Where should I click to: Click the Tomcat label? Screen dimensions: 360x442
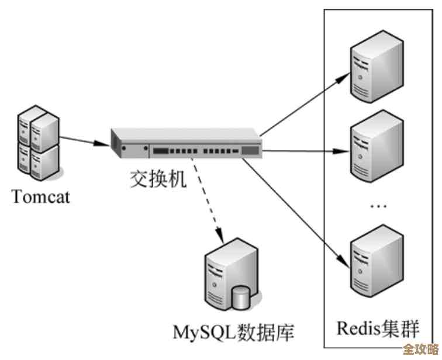[x=41, y=196]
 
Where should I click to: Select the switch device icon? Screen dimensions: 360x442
[x=186, y=143]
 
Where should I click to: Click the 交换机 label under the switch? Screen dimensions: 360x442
[x=158, y=178]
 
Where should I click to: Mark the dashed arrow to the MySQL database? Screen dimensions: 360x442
[x=209, y=202]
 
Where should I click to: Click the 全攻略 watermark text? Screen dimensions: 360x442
[x=420, y=349]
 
